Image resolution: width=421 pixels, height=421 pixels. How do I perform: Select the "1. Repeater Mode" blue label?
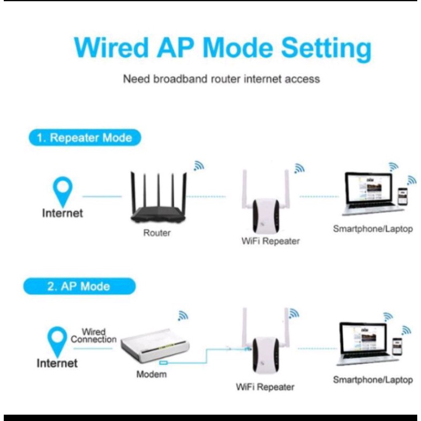(85, 138)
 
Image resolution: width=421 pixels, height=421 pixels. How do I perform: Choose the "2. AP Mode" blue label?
(78, 287)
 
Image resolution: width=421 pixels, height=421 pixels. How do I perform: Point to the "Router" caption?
(157, 233)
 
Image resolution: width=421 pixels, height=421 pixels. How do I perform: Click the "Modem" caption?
(151, 374)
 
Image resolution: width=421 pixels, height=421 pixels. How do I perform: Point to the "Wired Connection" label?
(93, 336)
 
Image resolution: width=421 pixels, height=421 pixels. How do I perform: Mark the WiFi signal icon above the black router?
(199, 166)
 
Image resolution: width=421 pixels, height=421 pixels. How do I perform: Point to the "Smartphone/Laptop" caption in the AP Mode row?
(373, 380)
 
